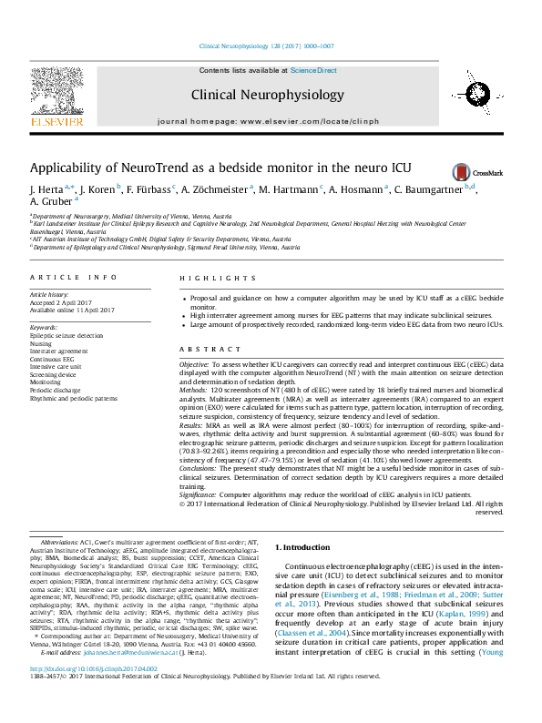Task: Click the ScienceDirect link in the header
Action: click(x=313, y=70)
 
